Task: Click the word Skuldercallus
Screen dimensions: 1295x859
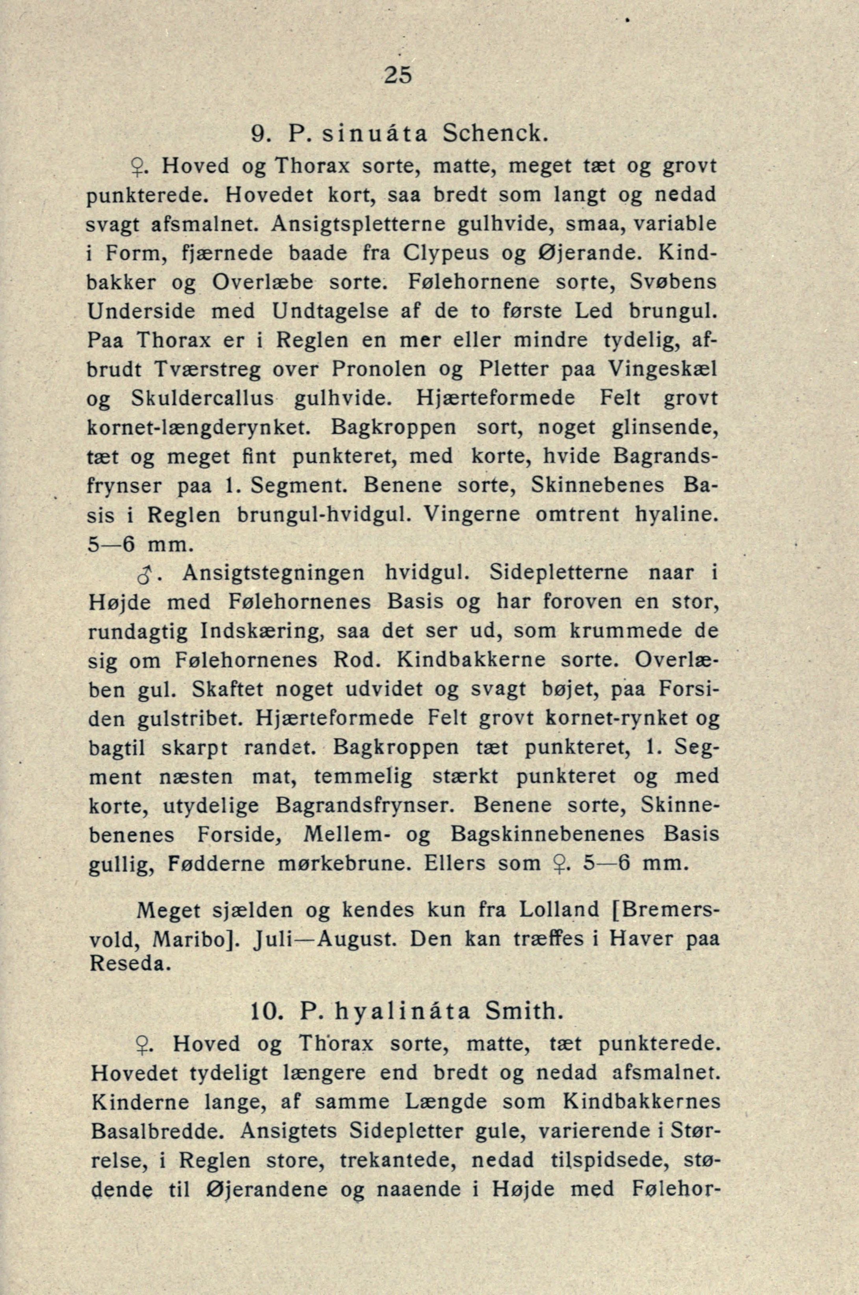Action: coord(202,399)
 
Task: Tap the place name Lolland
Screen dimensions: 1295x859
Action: coord(559,911)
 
